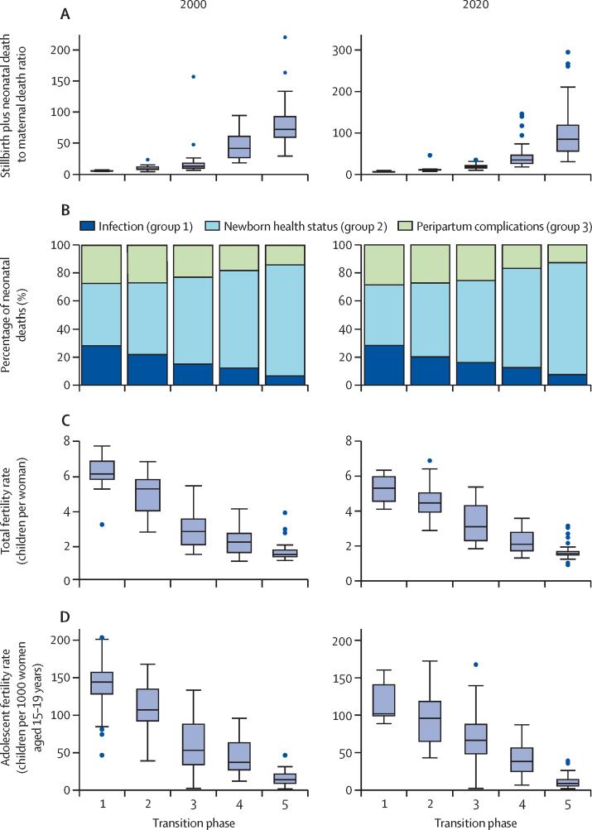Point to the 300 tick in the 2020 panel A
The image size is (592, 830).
coord(330,50)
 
